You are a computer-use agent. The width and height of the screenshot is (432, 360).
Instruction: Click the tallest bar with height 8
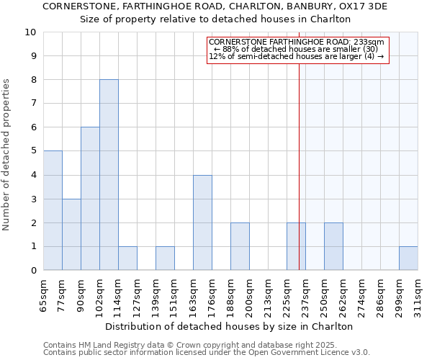tap(109, 175)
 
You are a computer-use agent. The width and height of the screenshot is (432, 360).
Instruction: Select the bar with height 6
tap(90, 199)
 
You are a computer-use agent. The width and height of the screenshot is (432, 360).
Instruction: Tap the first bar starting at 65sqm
tap(53, 210)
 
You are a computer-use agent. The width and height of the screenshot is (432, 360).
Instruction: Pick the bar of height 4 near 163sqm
tap(202, 222)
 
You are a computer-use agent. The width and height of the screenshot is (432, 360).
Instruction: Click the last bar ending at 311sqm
tap(408, 258)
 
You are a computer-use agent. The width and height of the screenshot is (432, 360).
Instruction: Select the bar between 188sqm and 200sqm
tap(240, 246)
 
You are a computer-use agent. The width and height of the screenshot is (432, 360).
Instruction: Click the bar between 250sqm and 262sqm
tap(333, 246)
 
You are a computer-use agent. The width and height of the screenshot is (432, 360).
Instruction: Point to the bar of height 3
tap(71, 235)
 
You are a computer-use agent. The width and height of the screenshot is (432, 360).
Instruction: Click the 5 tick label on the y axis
tap(33, 151)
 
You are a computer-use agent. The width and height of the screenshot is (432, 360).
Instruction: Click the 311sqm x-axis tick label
tap(418, 296)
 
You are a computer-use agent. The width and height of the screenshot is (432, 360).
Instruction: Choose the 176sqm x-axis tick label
tap(212, 296)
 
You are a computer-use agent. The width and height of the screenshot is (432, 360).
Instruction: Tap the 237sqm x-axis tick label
tap(306, 296)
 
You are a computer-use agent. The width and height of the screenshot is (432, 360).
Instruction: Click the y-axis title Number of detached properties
tap(7, 155)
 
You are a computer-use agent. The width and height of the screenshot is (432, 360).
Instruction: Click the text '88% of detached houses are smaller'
tap(298, 49)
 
